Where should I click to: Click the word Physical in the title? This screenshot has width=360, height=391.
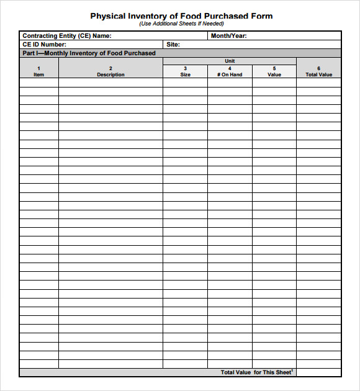tap(107, 16)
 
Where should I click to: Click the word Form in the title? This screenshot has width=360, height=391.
tap(261, 16)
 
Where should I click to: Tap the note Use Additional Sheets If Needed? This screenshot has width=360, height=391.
tap(181, 24)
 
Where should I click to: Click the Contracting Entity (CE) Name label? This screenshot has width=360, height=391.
tap(67, 36)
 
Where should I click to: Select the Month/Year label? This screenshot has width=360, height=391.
tap(228, 36)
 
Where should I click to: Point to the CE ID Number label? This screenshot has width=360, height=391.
tap(45, 45)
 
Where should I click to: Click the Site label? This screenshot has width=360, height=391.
tap(173, 45)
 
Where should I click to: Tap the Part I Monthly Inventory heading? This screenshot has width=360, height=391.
tap(89, 53)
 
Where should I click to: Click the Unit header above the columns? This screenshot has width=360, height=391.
tap(230, 61)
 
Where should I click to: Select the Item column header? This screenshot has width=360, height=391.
tap(39, 74)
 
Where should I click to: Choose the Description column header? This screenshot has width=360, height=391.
tap(110, 74)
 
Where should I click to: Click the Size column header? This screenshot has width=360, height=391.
tap(185, 74)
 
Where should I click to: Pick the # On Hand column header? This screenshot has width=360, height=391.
tap(230, 74)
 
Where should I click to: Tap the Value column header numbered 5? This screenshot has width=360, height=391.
tap(274, 74)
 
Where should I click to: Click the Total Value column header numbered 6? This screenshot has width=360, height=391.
tap(318, 74)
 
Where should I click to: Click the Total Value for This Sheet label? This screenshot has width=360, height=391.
tap(256, 372)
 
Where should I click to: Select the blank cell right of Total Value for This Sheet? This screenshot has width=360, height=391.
tap(318, 372)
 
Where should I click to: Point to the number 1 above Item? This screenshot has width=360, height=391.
tap(38, 68)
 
